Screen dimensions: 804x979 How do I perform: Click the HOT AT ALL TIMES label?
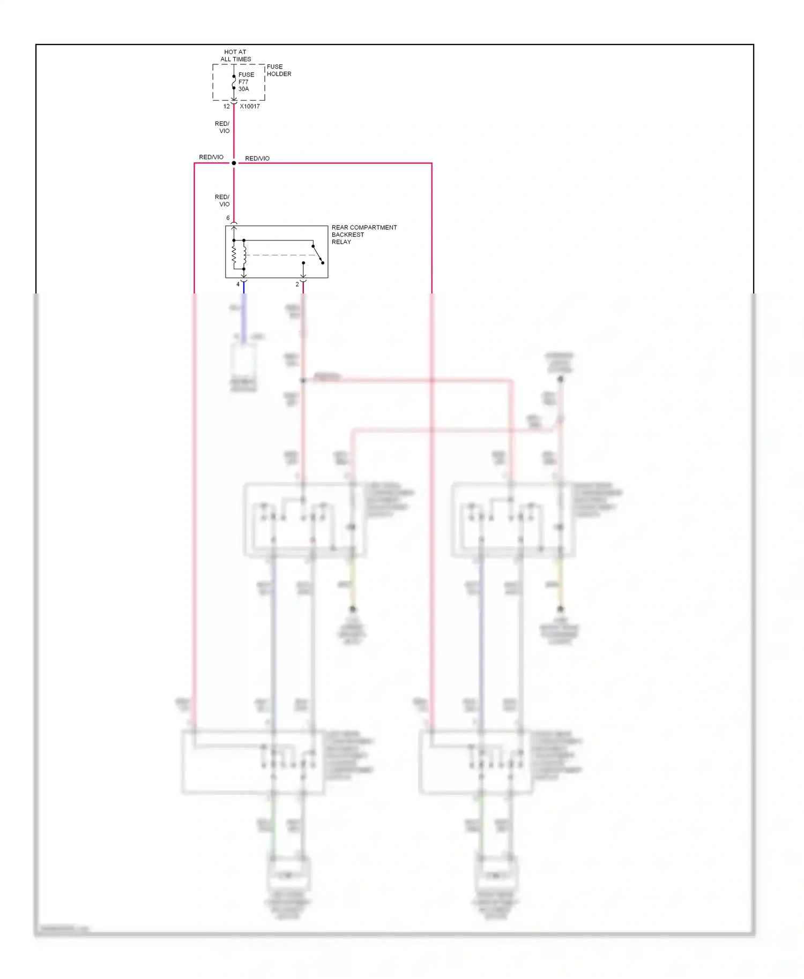[235, 56]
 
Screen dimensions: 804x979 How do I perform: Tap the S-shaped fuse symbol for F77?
[234, 82]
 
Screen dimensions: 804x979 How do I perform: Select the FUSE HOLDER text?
[279, 70]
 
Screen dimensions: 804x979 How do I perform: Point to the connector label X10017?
[250, 107]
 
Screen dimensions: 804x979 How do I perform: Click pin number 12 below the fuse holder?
[226, 107]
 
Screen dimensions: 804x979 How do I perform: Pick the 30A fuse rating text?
[244, 89]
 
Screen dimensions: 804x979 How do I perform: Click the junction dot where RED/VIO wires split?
[234, 163]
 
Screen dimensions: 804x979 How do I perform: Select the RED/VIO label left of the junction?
[211, 157]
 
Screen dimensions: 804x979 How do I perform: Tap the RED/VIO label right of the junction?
[257, 159]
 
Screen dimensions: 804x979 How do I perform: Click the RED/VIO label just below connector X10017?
[222, 127]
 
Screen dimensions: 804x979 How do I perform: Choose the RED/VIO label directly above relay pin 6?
[222, 201]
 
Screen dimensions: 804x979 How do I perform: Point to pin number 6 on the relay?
[228, 218]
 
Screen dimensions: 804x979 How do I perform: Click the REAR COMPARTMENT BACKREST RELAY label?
[364, 235]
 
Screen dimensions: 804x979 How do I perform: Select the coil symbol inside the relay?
[244, 255]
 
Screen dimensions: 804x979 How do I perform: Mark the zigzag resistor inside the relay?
[234, 255]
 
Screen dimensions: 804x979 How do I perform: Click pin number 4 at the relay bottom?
[238, 284]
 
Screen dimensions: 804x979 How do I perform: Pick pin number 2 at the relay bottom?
[297, 284]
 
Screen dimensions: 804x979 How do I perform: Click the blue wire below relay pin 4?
[244, 288]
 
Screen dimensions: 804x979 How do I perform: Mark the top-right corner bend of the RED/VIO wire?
[431, 163]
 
